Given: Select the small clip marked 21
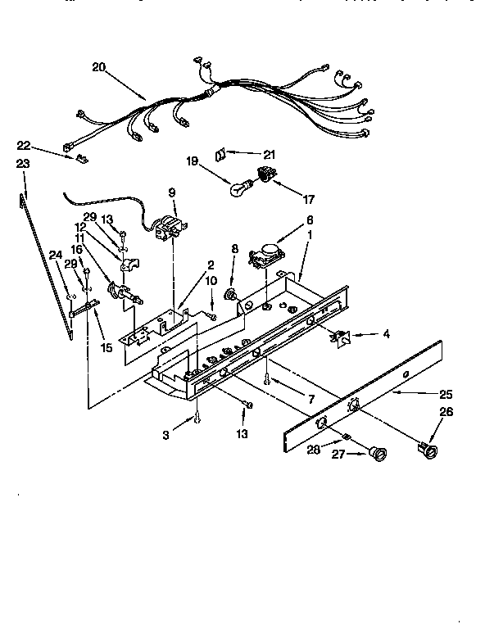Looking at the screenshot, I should pyautogui.click(x=220, y=153).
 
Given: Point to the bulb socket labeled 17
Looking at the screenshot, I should pyautogui.click(x=264, y=174).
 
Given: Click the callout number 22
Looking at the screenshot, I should pyautogui.click(x=25, y=145).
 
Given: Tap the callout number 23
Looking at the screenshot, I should pyautogui.click(x=23, y=164).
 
